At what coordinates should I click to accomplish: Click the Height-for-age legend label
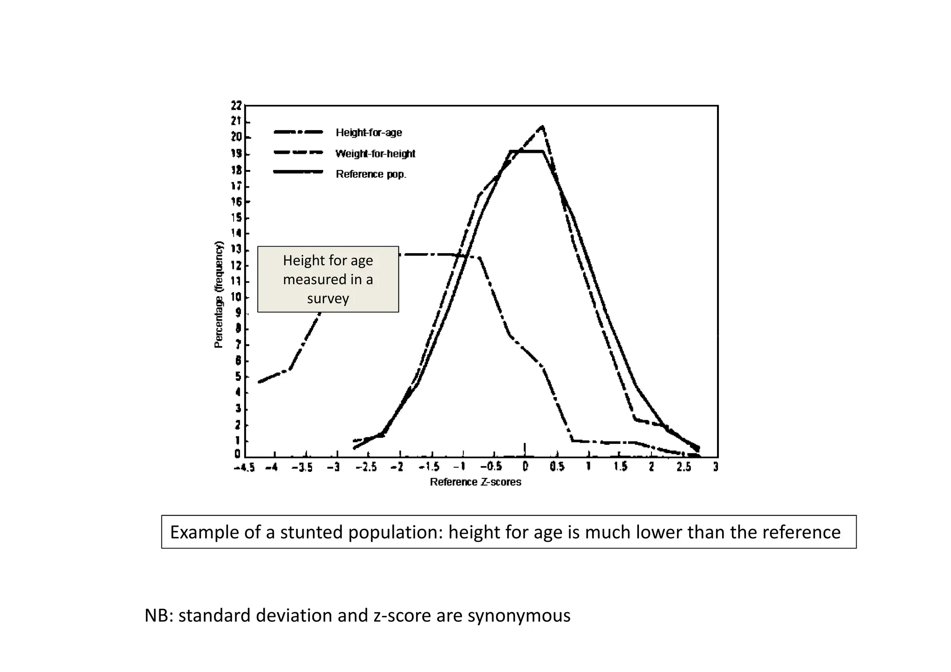pyautogui.click(x=369, y=133)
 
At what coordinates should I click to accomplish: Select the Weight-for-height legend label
pyautogui.click(x=375, y=154)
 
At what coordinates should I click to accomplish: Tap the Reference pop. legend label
pyautogui.click(x=371, y=174)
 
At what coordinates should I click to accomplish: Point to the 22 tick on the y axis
pyautogui.click(x=236, y=106)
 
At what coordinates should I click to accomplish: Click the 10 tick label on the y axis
pyautogui.click(x=236, y=297)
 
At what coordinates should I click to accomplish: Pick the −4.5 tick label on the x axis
pyautogui.click(x=244, y=468)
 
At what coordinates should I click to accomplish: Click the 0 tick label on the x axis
pyautogui.click(x=525, y=467)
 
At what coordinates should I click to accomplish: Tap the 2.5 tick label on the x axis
pyautogui.click(x=684, y=467)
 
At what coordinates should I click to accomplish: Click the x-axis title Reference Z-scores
pyautogui.click(x=475, y=482)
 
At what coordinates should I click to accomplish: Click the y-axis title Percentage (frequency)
pyautogui.click(x=219, y=295)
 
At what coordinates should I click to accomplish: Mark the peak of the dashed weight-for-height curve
pyautogui.click(x=542, y=126)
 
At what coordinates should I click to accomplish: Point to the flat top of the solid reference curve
pyautogui.click(x=526, y=151)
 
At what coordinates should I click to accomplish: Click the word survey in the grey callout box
pyautogui.click(x=328, y=298)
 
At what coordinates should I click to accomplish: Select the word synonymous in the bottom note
pyautogui.click(x=519, y=615)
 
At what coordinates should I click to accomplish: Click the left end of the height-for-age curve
pyautogui.click(x=259, y=382)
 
